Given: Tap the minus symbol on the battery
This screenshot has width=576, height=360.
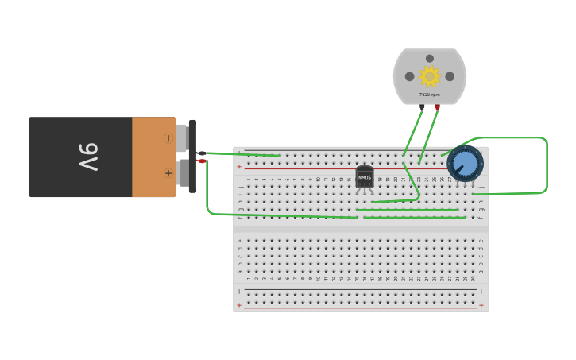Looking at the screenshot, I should point(168,138).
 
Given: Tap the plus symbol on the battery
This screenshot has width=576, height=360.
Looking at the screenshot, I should point(168,173).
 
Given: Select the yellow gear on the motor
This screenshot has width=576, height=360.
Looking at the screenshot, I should point(429,76).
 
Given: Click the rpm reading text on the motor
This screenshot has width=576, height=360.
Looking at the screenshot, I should point(429,95).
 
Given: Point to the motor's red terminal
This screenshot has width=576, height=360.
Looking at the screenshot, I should point(437,106).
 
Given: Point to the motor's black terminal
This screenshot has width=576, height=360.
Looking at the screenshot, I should point(422,106).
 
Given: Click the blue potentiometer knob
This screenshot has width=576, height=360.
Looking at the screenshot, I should point(465,164).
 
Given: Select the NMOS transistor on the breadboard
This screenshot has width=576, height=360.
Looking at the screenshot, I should point(365,177).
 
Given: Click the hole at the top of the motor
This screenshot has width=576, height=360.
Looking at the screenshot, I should point(430,58).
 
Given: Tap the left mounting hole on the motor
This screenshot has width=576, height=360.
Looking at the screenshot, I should point(409,76).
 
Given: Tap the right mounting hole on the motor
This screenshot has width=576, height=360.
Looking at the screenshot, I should point(450,76).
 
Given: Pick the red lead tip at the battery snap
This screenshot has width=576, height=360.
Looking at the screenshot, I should point(202,161).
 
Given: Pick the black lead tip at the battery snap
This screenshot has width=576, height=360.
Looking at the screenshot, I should point(202,153).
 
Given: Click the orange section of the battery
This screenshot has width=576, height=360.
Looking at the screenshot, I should point(153,157).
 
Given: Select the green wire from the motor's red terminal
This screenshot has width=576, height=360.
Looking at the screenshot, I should point(428,135).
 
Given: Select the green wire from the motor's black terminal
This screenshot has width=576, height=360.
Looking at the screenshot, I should point(412,135).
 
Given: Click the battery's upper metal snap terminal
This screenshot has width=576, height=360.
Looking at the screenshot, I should point(182,137).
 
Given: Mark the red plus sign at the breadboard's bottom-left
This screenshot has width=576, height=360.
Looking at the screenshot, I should point(239,305).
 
